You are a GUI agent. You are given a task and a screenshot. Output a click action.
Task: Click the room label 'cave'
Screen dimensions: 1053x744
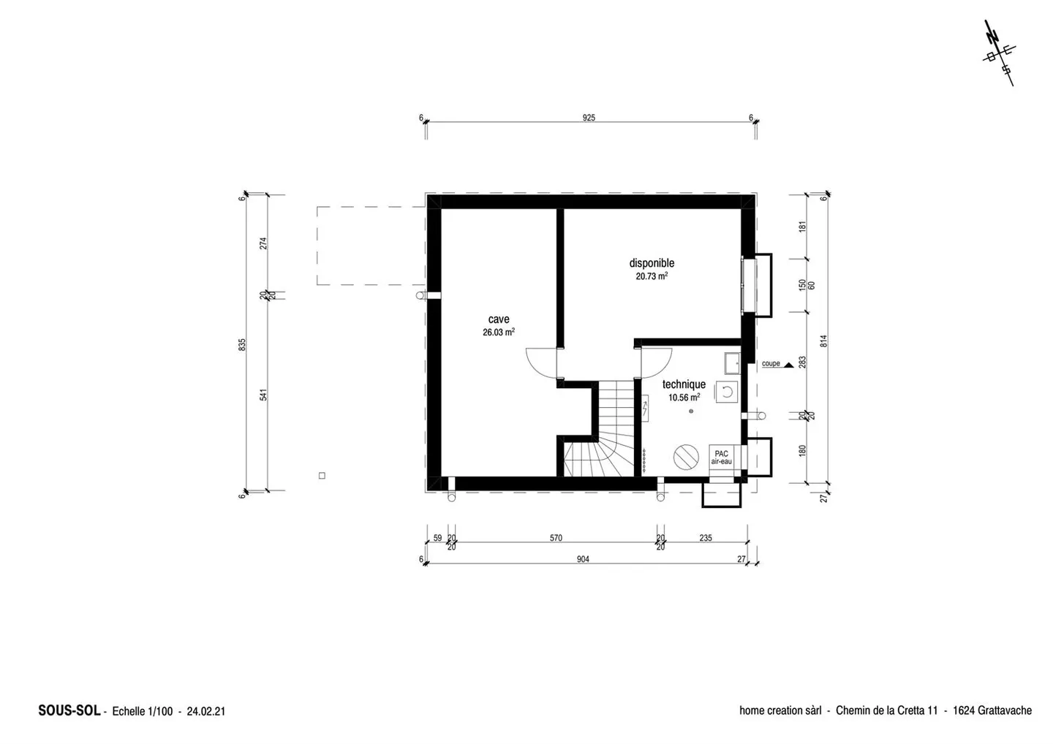[498, 319]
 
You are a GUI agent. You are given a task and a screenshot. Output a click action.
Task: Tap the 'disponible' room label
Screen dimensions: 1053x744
[652, 263]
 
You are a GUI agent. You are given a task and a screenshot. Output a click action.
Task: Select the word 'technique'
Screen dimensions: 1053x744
[684, 384]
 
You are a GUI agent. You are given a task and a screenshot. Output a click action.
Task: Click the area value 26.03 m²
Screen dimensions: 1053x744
[498, 332]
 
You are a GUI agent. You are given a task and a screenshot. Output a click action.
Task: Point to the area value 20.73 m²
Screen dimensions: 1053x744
[652, 276]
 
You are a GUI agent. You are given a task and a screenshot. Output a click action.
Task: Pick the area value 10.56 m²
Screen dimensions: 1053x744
[684, 398]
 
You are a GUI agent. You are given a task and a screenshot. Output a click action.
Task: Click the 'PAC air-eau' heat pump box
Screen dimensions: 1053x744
[721, 457]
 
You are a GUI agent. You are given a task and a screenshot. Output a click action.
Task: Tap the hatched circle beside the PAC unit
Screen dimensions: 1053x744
[686, 457]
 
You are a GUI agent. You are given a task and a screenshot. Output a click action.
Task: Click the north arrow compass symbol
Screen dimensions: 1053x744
[1000, 53]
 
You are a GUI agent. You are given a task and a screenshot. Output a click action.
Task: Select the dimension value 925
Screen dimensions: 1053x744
[589, 118]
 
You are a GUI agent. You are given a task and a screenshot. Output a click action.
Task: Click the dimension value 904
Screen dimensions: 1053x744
[583, 559]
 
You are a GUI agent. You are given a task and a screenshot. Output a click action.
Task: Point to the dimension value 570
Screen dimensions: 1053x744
[556, 538]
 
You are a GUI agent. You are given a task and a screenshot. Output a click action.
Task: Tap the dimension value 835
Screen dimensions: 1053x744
[242, 345]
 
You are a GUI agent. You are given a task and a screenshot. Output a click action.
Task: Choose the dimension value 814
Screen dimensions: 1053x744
[823, 341]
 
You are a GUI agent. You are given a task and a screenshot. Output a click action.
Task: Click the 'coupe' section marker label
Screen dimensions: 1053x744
[771, 363]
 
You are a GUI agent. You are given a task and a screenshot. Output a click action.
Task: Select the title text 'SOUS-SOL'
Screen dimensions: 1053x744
[69, 710]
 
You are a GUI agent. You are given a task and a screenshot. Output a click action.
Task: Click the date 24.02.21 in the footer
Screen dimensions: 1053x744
[206, 711]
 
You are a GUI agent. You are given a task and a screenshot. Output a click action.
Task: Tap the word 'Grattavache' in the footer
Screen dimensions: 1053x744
[1005, 710]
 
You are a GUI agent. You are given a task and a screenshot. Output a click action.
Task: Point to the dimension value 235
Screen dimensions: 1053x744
[706, 538]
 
